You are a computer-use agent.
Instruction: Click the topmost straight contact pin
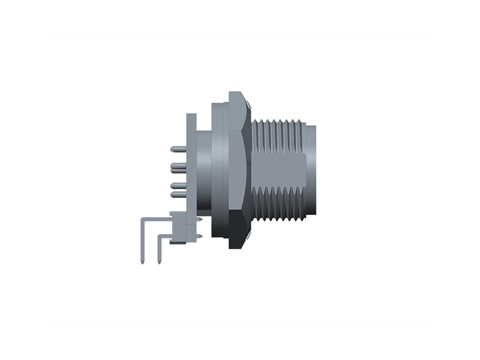pos(178,148)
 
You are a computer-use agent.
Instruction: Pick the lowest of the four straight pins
pos(178,194)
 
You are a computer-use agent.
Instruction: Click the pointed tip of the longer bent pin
pos(142,262)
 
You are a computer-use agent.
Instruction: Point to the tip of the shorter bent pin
pos(159,262)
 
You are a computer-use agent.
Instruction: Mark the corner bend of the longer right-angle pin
pos(143,221)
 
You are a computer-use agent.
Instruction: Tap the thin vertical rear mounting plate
pos(191,162)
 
